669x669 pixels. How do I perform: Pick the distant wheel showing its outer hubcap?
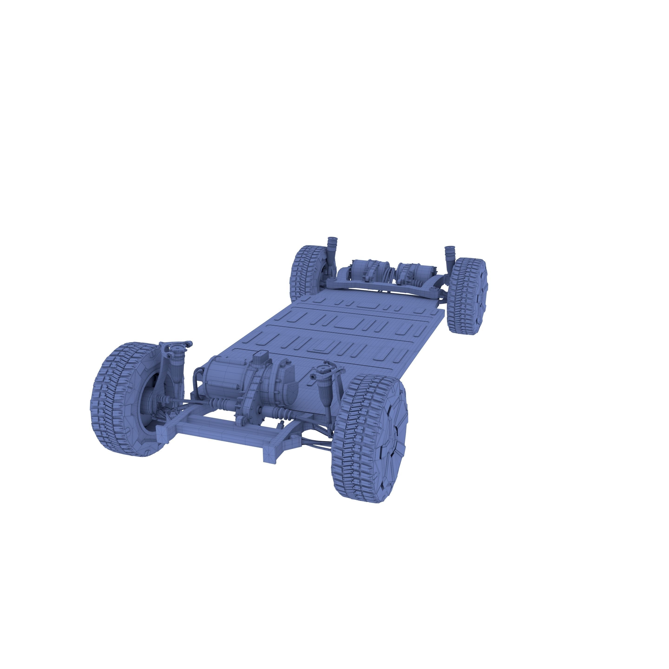click(468, 296)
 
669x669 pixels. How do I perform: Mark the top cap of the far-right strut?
click(450, 249)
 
